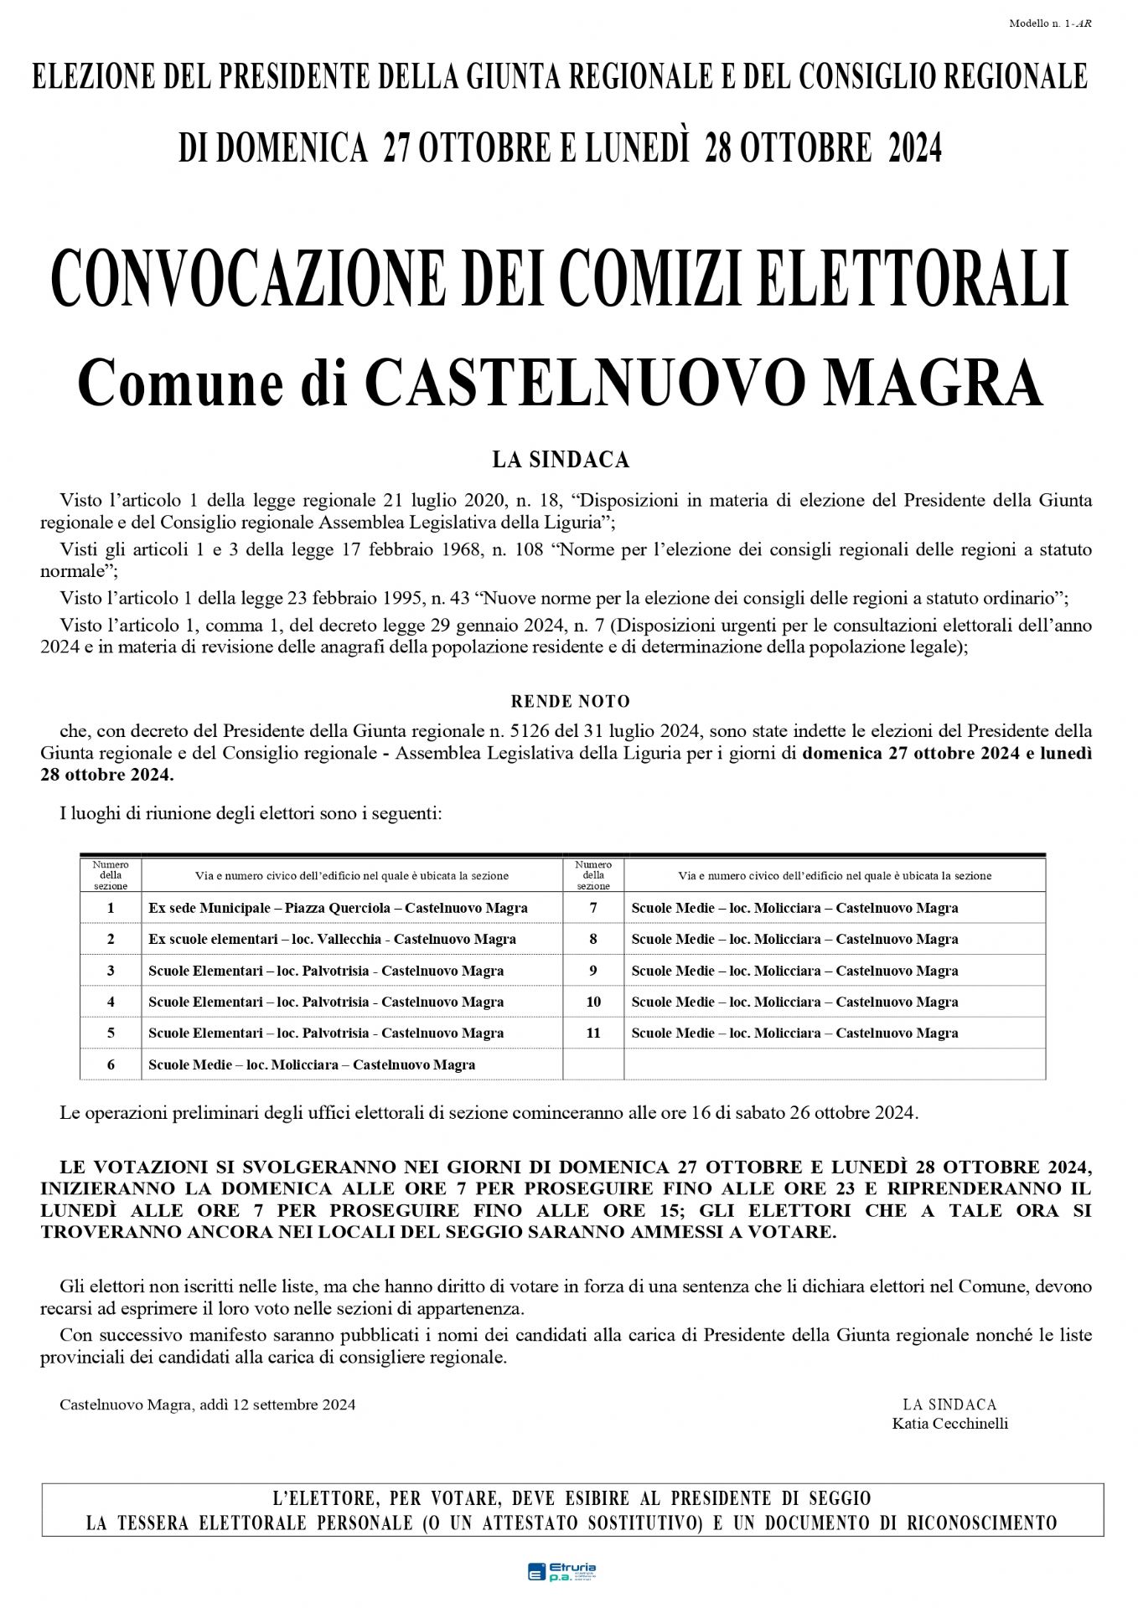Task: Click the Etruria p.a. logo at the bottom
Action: tap(561, 1571)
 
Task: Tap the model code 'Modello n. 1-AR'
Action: tap(1049, 23)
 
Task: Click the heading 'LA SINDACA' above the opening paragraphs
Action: tap(560, 460)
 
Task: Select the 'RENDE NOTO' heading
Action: tap(570, 702)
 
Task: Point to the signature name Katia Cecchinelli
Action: tap(949, 1423)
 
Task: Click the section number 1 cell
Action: tap(111, 908)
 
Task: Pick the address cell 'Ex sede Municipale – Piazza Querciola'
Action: tap(338, 908)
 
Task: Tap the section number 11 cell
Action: tap(593, 1033)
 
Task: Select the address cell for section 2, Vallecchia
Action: tap(332, 939)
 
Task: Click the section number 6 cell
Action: tap(111, 1064)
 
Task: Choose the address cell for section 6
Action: tap(312, 1064)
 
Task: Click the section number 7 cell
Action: tap(593, 908)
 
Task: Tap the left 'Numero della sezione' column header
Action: tap(111, 875)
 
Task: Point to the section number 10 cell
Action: tap(593, 1002)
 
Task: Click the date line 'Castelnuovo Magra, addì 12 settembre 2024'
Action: tap(207, 1404)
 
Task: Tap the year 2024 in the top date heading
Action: tap(914, 148)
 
